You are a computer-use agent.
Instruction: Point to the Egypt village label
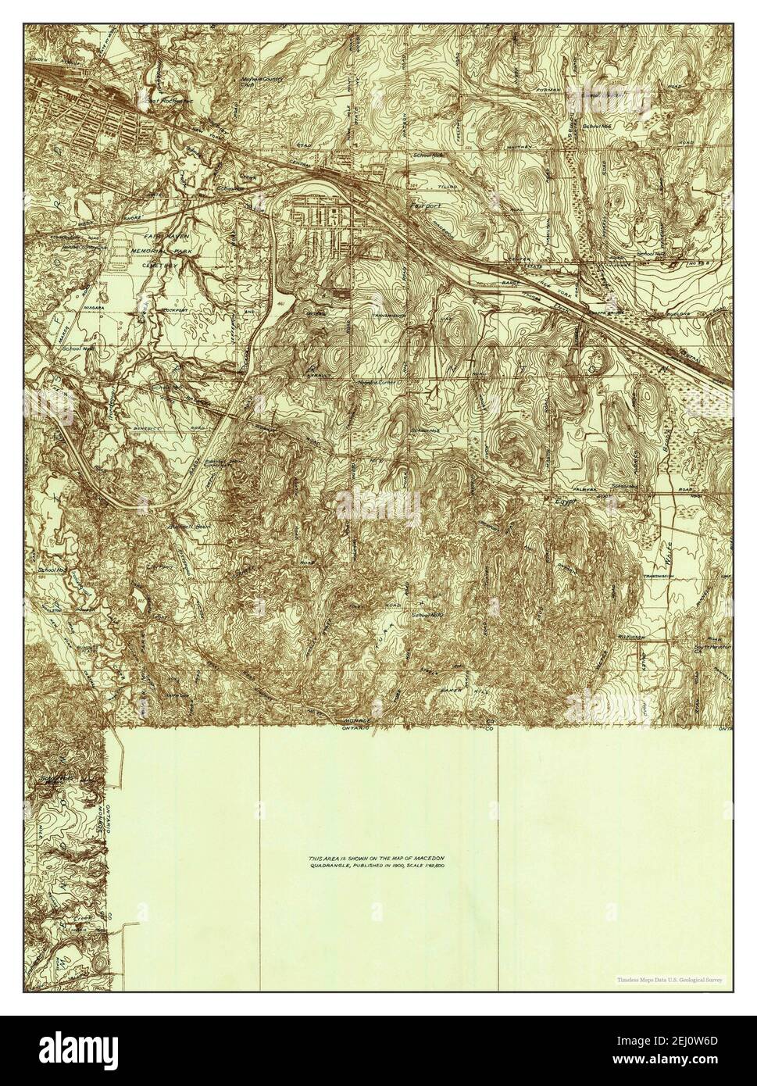click(564, 503)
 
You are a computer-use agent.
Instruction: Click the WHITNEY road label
click(520, 147)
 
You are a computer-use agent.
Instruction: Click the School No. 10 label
click(427, 616)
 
